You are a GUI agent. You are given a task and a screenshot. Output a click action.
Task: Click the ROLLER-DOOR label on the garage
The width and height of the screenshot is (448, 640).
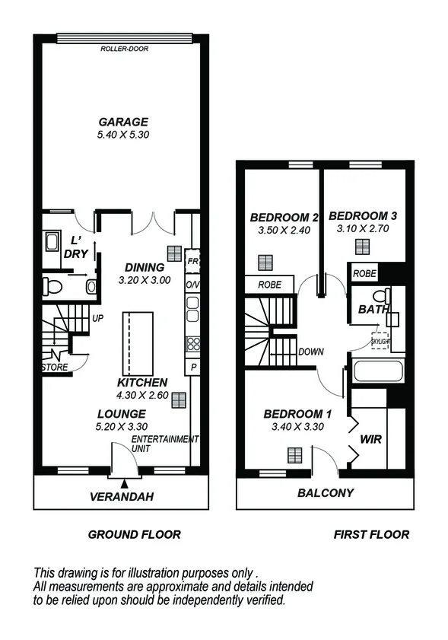click(x=123, y=49)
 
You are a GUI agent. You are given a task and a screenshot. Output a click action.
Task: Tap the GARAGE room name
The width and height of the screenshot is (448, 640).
click(x=123, y=122)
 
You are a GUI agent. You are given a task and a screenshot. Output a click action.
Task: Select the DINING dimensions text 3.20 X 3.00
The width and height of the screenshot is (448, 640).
click(x=145, y=280)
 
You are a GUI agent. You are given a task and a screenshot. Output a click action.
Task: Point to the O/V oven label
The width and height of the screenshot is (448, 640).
click(x=192, y=284)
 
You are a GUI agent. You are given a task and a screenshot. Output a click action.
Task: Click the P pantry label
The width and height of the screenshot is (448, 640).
click(x=193, y=366)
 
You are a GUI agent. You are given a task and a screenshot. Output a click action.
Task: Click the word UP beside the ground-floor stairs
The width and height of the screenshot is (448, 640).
click(x=97, y=319)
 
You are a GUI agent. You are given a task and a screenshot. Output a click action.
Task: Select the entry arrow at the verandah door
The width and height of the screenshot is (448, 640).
click(x=123, y=482)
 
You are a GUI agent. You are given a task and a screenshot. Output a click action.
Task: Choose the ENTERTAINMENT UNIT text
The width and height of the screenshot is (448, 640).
click(x=164, y=444)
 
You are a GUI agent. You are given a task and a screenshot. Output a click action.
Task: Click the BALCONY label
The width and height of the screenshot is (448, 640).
click(x=325, y=492)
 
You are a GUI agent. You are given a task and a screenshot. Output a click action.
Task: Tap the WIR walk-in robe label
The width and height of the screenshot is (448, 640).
click(x=371, y=440)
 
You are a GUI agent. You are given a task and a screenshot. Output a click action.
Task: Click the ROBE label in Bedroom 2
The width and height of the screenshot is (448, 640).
click(x=269, y=285)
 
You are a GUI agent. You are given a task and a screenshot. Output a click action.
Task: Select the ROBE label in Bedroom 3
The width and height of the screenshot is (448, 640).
click(x=364, y=272)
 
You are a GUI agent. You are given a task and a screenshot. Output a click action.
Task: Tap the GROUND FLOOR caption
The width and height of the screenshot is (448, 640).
click(x=135, y=534)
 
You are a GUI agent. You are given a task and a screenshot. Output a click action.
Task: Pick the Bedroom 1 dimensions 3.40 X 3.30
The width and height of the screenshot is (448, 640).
click(x=297, y=427)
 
